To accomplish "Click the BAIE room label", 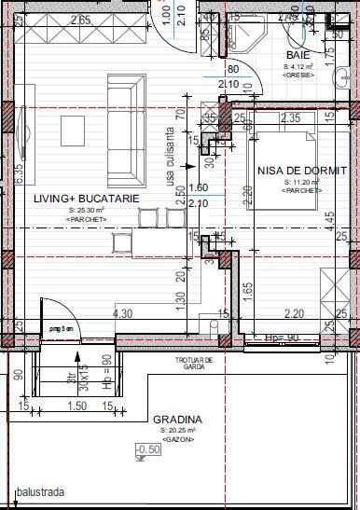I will point(298,56).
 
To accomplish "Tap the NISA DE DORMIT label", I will point(301,172).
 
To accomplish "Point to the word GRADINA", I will point(178,420).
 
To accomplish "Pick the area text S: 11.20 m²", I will point(301,182).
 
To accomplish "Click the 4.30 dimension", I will point(121,314).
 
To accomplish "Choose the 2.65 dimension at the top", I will point(80,20).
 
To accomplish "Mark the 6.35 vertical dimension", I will point(18,174).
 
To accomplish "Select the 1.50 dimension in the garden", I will point(77,407).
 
